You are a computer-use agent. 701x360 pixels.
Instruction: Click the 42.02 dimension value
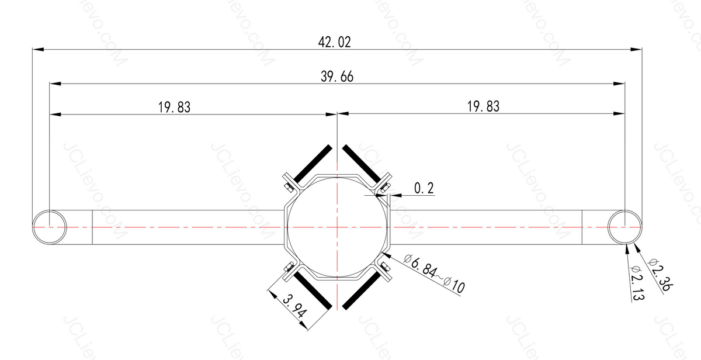335,42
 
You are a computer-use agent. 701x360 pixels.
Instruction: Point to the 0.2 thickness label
424,188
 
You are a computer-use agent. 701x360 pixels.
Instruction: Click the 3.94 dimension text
294,306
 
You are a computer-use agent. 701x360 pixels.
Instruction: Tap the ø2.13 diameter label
637,282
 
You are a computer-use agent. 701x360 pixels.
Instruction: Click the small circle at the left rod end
49,226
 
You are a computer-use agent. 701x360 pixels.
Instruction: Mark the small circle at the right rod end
624,226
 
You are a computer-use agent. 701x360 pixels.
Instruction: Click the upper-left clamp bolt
288,187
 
